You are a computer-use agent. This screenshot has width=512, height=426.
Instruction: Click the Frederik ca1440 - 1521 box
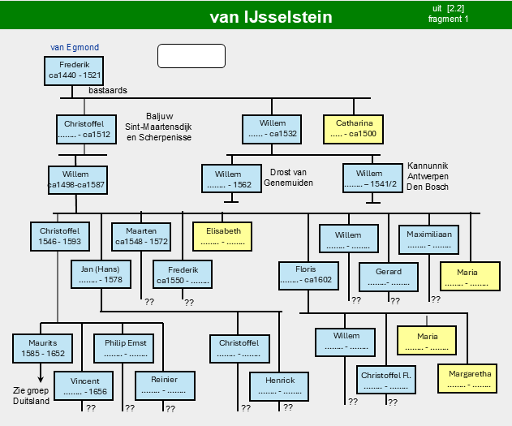pos(74,71)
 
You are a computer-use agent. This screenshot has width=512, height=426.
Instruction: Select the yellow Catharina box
pos(353,129)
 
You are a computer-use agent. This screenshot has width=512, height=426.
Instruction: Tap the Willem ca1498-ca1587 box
pos(78,180)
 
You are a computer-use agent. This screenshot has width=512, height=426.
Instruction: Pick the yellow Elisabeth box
pos(222,237)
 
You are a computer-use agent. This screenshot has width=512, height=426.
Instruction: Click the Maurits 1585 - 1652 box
pos(42,348)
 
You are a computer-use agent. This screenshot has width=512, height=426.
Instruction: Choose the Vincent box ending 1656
pos(84,386)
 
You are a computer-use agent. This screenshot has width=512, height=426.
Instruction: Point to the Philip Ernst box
pos(124,348)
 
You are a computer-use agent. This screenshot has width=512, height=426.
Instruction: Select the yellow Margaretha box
pos(467,379)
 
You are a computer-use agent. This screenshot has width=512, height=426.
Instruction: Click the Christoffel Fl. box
pos(386,380)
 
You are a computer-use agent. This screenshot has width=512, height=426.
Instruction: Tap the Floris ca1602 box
pos(308,276)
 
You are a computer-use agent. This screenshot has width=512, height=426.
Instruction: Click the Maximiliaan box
pos(428,239)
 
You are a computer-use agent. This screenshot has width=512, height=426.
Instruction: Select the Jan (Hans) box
pos(101,274)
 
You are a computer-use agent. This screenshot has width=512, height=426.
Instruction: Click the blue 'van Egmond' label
pos(75,47)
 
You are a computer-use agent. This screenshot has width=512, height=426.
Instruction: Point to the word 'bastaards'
pos(108,90)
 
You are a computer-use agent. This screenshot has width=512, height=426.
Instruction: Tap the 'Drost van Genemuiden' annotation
pos(288,178)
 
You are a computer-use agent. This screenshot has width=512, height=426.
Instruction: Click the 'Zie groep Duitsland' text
pos(31,396)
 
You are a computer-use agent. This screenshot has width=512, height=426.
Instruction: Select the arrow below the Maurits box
pos(41,372)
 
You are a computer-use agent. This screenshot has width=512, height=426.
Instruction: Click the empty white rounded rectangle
pos(191,56)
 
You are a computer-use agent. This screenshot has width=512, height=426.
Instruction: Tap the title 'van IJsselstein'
pos(271,17)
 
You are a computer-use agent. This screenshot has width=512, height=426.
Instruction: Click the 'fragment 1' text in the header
pos(449,19)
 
